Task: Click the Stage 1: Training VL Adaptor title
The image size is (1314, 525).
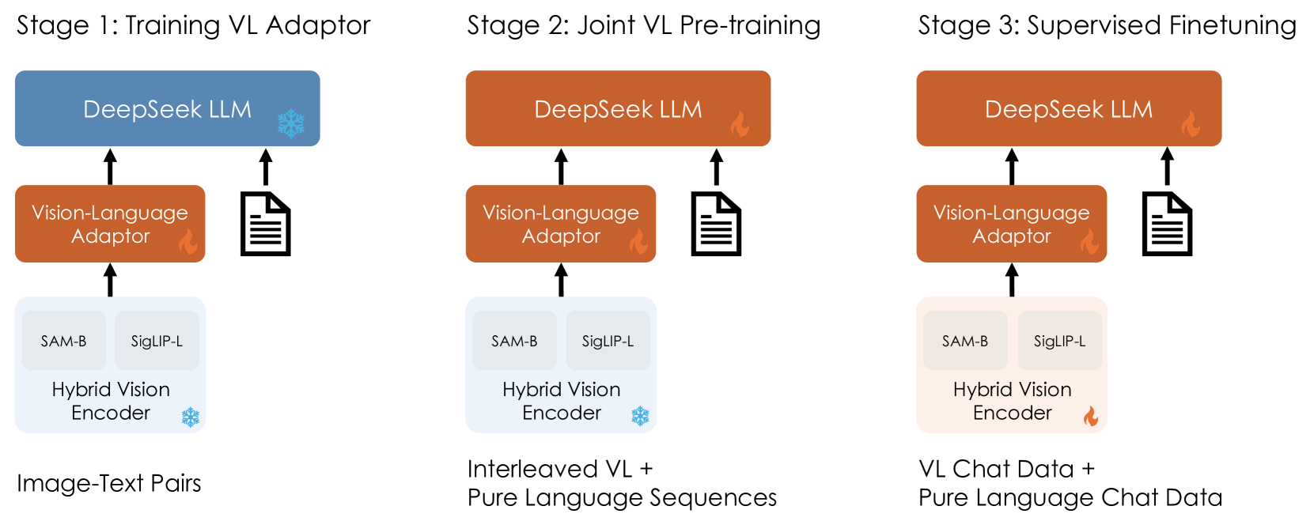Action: [x=193, y=25]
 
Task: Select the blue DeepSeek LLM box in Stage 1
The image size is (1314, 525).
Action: [x=167, y=108]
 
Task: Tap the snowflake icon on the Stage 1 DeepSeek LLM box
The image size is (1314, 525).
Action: [x=290, y=123]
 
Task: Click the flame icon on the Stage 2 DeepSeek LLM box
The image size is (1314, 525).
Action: [x=740, y=124]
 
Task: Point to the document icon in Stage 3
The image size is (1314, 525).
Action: [x=1167, y=225]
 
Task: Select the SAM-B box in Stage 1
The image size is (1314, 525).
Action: [x=63, y=341]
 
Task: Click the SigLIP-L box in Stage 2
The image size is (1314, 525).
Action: [x=608, y=341]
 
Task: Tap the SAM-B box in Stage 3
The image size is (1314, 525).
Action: [x=964, y=341]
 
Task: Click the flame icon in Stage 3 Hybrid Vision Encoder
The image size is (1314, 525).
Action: [x=1091, y=416]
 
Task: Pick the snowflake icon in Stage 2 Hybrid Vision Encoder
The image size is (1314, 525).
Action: [x=640, y=416]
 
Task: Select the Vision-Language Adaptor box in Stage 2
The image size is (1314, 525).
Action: [x=560, y=224]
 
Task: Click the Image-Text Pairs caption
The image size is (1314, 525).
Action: [x=109, y=483]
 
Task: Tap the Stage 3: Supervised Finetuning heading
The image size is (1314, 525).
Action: [x=1107, y=25]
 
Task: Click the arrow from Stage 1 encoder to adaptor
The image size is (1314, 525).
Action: [x=111, y=280]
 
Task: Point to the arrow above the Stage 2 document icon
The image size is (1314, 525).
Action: [x=717, y=167]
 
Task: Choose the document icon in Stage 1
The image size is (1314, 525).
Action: [x=266, y=225]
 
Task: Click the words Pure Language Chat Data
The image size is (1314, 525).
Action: [x=1070, y=498]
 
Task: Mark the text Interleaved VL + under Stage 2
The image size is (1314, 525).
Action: [x=560, y=469]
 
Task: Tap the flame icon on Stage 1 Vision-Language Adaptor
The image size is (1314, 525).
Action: [x=187, y=242]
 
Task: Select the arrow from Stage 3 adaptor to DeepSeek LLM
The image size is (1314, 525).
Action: [x=1012, y=167]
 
